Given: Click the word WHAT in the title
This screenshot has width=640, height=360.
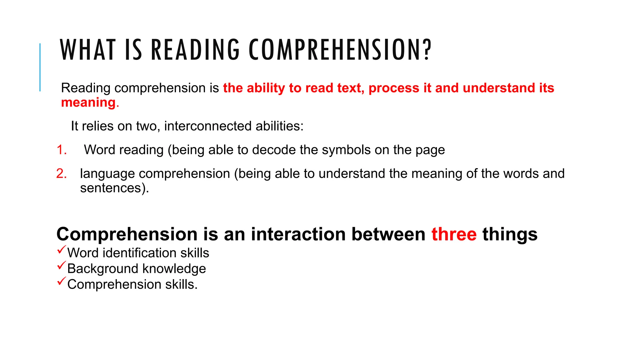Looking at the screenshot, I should pos(88,50).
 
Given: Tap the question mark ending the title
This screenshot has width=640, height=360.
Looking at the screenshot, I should pos(427,50).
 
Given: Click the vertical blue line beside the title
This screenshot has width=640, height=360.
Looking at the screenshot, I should pos(40,67).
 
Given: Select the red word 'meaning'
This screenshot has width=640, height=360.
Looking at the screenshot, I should pos(88,102).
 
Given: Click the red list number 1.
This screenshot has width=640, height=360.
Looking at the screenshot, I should pos(62,150).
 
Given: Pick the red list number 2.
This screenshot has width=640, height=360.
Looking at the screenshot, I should pos(62,174).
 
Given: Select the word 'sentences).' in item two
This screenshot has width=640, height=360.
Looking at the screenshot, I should pos(114,188).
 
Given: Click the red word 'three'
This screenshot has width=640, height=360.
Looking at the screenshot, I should pos(454,234).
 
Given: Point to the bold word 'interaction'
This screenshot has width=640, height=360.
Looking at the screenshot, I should pos(298,234).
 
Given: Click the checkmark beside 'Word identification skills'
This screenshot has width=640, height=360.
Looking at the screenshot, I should pos(62,250).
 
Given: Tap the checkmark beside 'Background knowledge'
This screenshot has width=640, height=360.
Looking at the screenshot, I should pos(62,266).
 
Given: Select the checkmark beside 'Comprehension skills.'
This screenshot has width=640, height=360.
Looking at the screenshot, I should pos(62,281).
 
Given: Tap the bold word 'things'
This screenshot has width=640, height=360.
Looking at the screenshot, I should pos(510,234).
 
